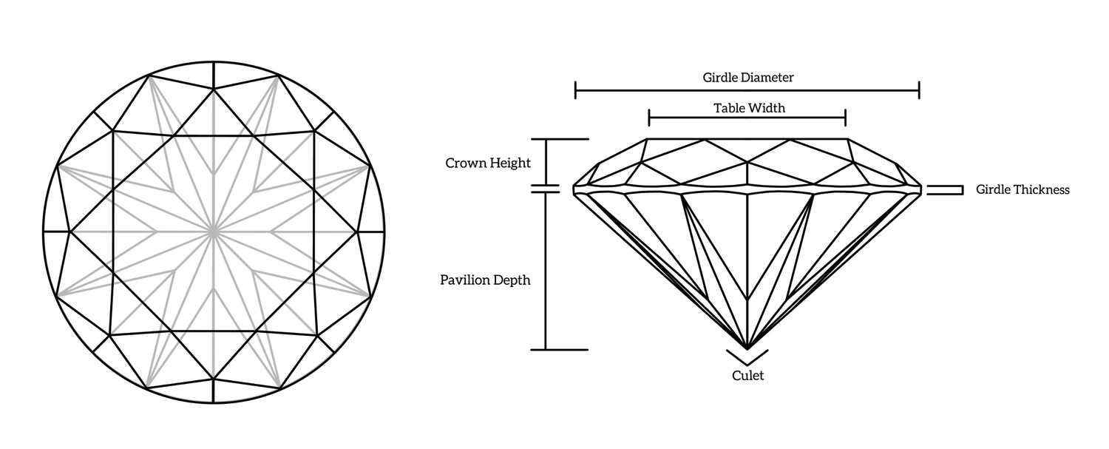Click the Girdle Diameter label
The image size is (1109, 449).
click(748, 77)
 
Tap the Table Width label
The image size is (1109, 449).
click(749, 108)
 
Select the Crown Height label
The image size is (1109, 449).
click(488, 163)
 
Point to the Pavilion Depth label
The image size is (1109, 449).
click(485, 280)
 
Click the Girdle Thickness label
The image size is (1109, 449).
click(1022, 190)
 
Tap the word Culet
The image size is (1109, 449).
click(747, 375)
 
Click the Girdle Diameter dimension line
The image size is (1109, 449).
click(747, 91)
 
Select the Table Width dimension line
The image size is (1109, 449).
click(747, 118)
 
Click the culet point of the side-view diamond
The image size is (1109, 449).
click(747, 348)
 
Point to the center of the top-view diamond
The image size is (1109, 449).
click(214, 232)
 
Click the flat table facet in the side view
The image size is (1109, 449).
click(747, 139)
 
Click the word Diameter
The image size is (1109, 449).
click(767, 77)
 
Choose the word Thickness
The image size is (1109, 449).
click(1040, 190)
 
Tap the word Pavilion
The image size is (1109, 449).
click(464, 280)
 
